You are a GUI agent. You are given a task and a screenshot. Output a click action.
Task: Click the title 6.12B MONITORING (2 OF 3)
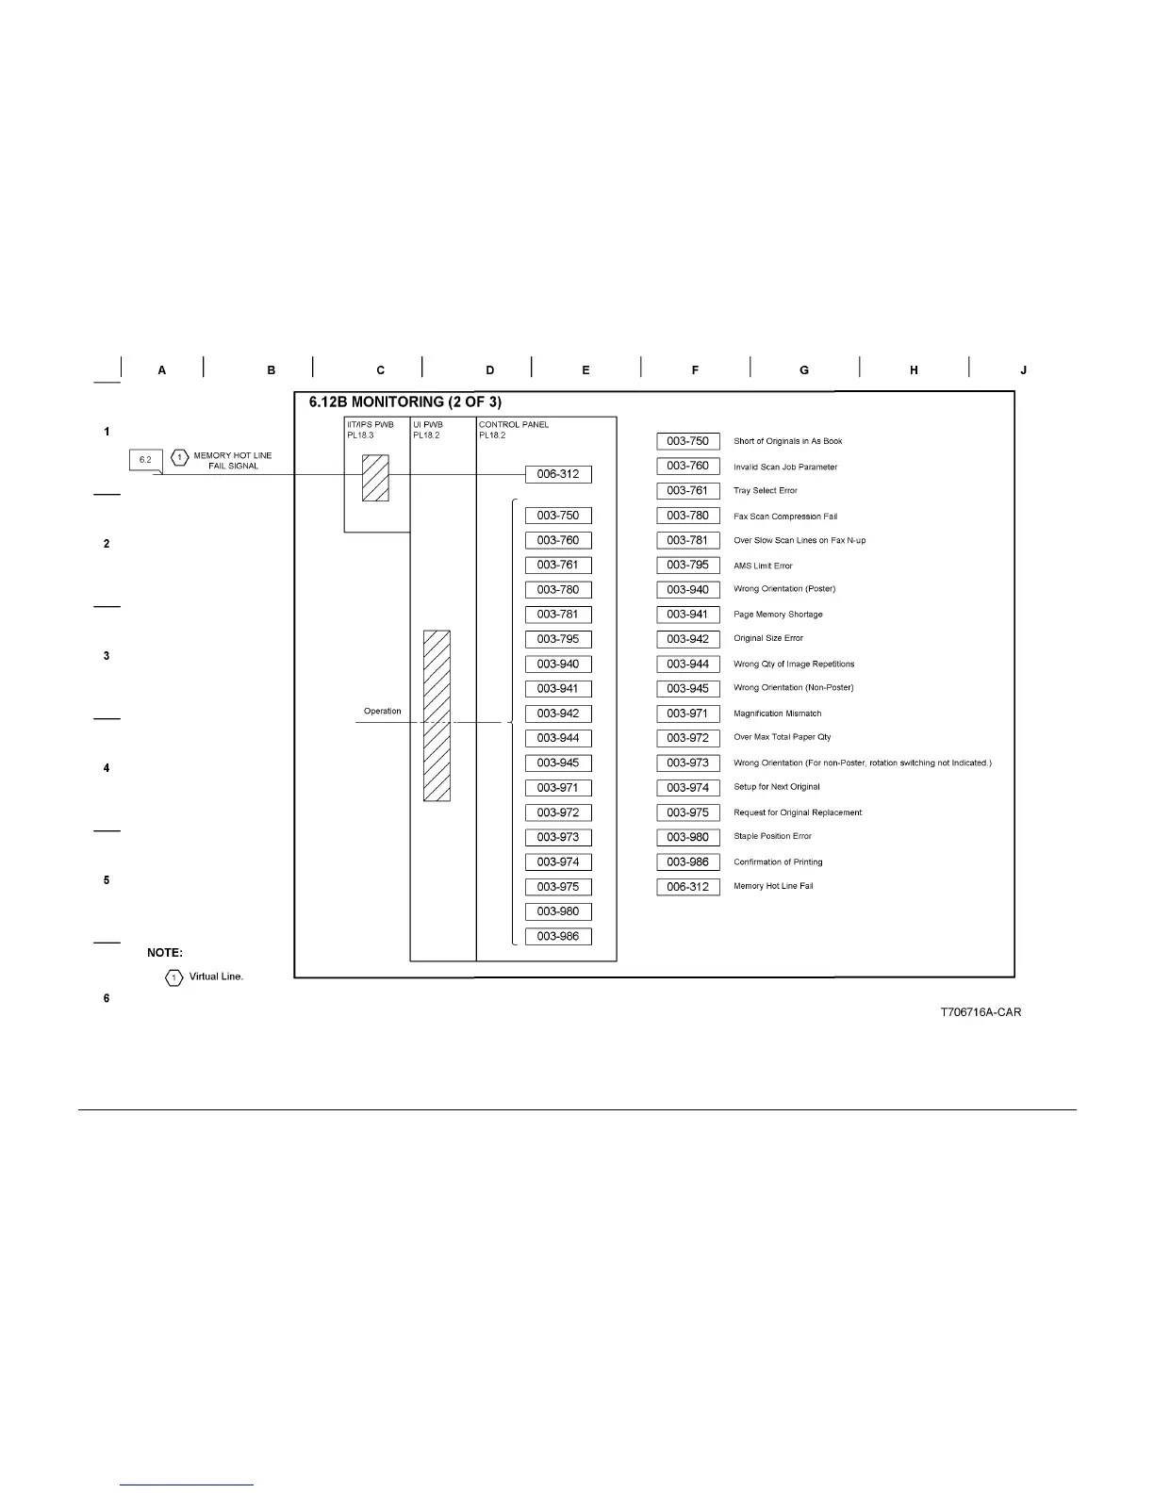[404, 402]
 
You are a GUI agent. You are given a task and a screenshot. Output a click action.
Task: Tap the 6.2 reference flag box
[145, 460]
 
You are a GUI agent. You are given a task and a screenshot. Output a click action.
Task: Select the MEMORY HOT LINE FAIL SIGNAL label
[233, 460]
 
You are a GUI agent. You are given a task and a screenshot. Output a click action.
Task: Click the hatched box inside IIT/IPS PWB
[375, 478]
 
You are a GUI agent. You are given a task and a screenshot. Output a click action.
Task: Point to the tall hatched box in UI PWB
[437, 715]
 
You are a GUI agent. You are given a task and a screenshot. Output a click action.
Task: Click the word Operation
[382, 712]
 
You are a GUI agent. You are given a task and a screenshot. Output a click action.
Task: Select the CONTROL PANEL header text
[513, 425]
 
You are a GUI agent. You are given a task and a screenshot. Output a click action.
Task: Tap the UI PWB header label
[427, 425]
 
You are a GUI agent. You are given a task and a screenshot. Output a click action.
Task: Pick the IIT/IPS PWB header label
[370, 425]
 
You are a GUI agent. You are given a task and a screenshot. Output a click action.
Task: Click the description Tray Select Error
[765, 491]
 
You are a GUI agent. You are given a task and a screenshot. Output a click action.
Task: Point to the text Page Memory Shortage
[778, 615]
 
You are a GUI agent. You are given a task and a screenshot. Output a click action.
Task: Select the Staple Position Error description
[772, 837]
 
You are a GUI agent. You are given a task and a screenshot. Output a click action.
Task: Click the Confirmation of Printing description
[778, 862]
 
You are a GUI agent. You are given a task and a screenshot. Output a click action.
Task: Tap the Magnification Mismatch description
[777, 714]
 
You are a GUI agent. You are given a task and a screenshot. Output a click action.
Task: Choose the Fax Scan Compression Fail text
[784, 517]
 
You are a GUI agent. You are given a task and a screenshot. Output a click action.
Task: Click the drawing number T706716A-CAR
[980, 1012]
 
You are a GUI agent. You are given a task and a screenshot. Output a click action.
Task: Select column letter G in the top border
[804, 370]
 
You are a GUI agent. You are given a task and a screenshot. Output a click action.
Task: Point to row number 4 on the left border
[107, 768]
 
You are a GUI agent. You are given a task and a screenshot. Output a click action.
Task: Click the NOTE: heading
[165, 953]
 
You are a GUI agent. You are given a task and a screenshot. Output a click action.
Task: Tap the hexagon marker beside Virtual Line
[173, 977]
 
